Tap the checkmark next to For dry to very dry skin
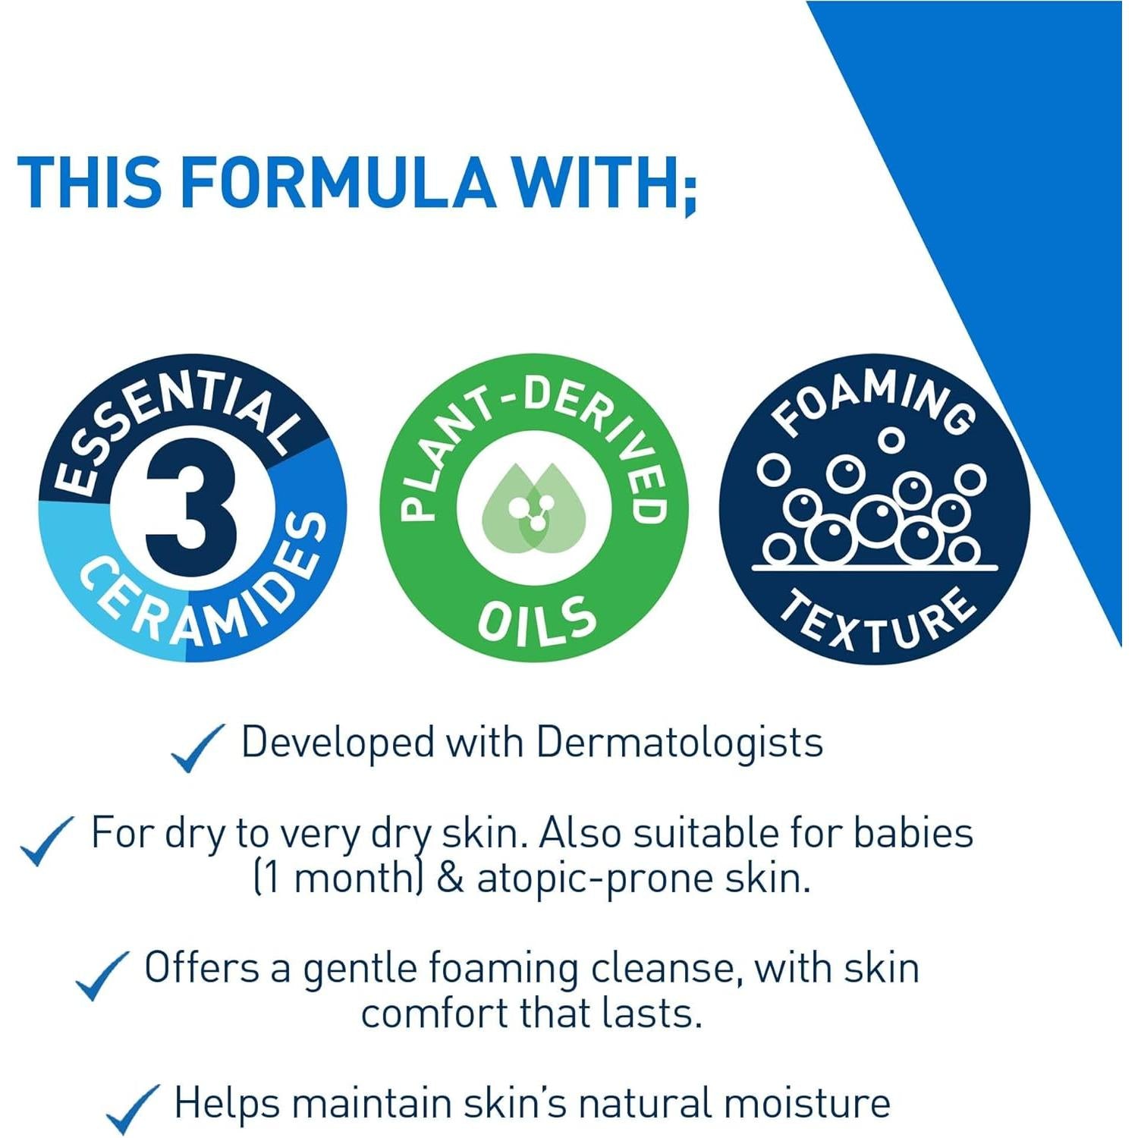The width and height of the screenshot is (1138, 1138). (x=46, y=841)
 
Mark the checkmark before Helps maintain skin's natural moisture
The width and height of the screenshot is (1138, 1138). (x=132, y=1109)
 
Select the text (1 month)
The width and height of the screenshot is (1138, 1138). (x=337, y=879)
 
